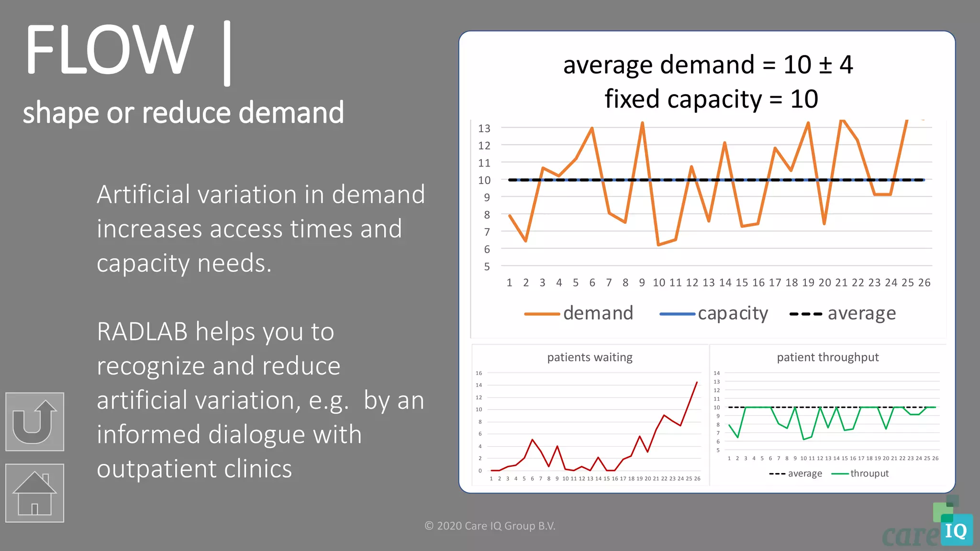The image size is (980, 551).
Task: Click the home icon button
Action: (34, 493)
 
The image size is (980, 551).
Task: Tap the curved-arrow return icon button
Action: (34, 421)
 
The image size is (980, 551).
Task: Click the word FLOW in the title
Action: (109, 51)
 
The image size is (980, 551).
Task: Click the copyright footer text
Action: (490, 526)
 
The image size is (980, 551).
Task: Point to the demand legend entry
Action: (579, 313)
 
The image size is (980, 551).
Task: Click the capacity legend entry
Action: (714, 313)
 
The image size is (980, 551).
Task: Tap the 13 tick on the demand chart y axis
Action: (484, 128)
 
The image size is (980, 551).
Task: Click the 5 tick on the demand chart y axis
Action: (487, 266)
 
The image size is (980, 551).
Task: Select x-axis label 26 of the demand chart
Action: (924, 283)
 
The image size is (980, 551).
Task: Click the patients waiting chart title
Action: (590, 357)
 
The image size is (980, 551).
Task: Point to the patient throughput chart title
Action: (827, 357)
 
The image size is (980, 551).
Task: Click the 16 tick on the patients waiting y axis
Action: (479, 373)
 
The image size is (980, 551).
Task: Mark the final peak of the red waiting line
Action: (697, 382)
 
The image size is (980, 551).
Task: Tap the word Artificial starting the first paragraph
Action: (144, 195)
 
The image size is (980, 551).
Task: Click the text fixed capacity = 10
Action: (711, 99)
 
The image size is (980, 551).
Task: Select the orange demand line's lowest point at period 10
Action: (659, 245)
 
